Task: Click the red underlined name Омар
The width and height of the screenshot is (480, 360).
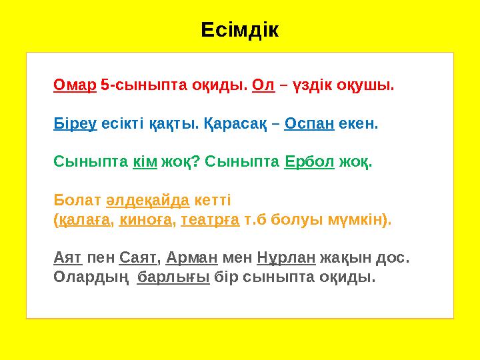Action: coord(75,86)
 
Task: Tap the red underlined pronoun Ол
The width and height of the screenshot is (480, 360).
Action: coord(264,86)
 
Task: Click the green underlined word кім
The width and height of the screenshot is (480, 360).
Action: coord(145,162)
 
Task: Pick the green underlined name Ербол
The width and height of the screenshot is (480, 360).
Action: coord(309,162)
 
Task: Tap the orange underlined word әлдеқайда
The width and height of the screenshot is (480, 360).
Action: coord(148,200)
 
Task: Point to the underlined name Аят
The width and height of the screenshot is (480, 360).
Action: coord(67,257)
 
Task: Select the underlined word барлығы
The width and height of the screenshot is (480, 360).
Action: coord(173,276)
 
